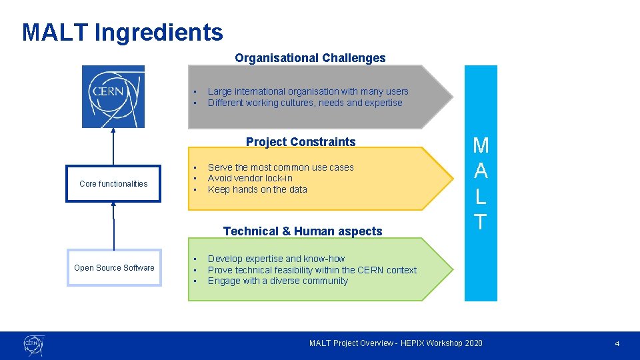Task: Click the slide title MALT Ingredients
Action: pyautogui.click(x=123, y=32)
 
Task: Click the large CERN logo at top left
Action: pyautogui.click(x=113, y=97)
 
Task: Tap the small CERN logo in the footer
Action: pyautogui.click(x=33, y=345)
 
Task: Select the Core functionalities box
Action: pyautogui.click(x=113, y=183)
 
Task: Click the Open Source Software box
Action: pyautogui.click(x=114, y=267)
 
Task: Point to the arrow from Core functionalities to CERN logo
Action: pyautogui.click(x=113, y=147)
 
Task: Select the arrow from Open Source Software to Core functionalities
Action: pyautogui.click(x=113, y=225)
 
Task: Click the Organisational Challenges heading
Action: pyautogui.click(x=310, y=58)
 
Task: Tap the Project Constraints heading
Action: pyautogui.click(x=301, y=141)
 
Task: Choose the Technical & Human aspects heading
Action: pyautogui.click(x=303, y=231)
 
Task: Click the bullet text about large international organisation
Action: pyautogui.click(x=308, y=91)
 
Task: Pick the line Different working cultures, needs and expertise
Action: pyautogui.click(x=305, y=103)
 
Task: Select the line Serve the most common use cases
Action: pyautogui.click(x=281, y=167)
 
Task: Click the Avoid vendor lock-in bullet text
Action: pyautogui.click(x=250, y=178)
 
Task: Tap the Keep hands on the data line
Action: pyautogui.click(x=257, y=189)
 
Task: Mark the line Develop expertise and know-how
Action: pyautogui.click(x=276, y=259)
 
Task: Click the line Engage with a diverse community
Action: pyautogui.click(x=277, y=281)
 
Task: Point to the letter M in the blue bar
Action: pyautogui.click(x=481, y=146)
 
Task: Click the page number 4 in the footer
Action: pyautogui.click(x=617, y=343)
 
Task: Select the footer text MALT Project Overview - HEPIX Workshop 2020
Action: pyautogui.click(x=395, y=343)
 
